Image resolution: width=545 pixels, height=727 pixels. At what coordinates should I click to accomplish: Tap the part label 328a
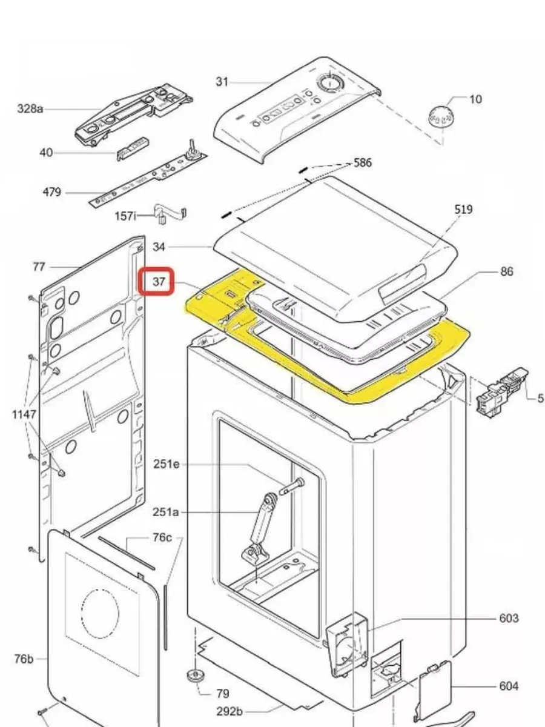tap(30, 109)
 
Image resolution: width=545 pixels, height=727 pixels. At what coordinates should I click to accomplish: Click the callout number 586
tap(363, 163)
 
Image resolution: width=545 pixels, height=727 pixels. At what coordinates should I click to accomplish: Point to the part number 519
tap(463, 210)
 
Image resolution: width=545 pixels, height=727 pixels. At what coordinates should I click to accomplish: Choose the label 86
tap(506, 272)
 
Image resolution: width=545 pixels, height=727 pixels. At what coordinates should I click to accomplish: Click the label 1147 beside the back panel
tap(25, 414)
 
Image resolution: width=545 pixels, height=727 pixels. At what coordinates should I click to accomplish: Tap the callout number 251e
tap(167, 465)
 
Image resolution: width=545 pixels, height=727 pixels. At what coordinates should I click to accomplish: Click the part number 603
tap(509, 618)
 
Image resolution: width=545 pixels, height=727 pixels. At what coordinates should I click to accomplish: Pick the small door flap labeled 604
tap(434, 690)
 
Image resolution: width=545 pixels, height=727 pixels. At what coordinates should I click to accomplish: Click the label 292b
tap(230, 711)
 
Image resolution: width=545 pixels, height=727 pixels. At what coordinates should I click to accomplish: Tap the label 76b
tap(24, 659)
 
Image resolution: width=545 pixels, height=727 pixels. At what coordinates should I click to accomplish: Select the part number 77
tap(39, 267)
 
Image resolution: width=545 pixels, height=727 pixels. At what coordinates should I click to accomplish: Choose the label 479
tap(51, 193)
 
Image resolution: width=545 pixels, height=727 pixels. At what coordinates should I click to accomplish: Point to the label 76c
tap(162, 538)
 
